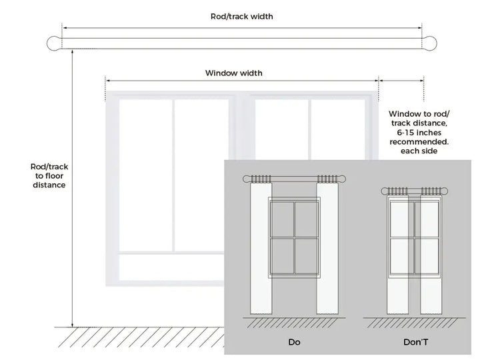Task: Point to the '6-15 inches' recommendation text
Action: pos(419,133)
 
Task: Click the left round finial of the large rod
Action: pos(53,43)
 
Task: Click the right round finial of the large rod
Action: pos(431,43)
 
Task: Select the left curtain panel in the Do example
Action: pos(260,250)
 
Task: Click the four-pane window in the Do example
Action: pos(294,237)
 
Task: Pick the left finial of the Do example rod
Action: pos(247,179)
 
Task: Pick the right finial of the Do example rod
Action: pos(342,179)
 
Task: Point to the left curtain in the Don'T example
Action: pos(398,253)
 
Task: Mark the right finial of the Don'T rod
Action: pos(442,190)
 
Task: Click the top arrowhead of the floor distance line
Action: pos(71,52)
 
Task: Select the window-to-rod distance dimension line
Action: pos(401,80)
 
